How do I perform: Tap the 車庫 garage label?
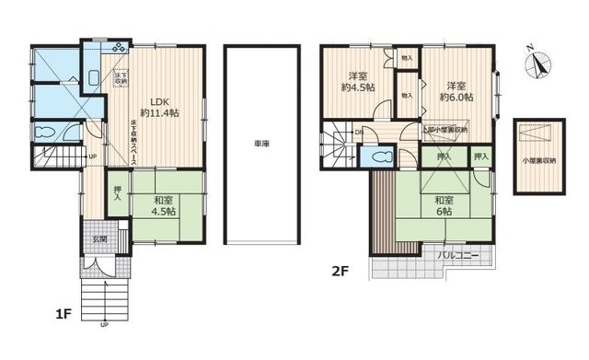[261, 145]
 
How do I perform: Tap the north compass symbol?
[537, 64]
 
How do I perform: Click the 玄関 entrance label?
[98, 240]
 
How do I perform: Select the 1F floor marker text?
[62, 314]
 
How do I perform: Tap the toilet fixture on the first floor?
[45, 133]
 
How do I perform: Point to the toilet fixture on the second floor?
[374, 157]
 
